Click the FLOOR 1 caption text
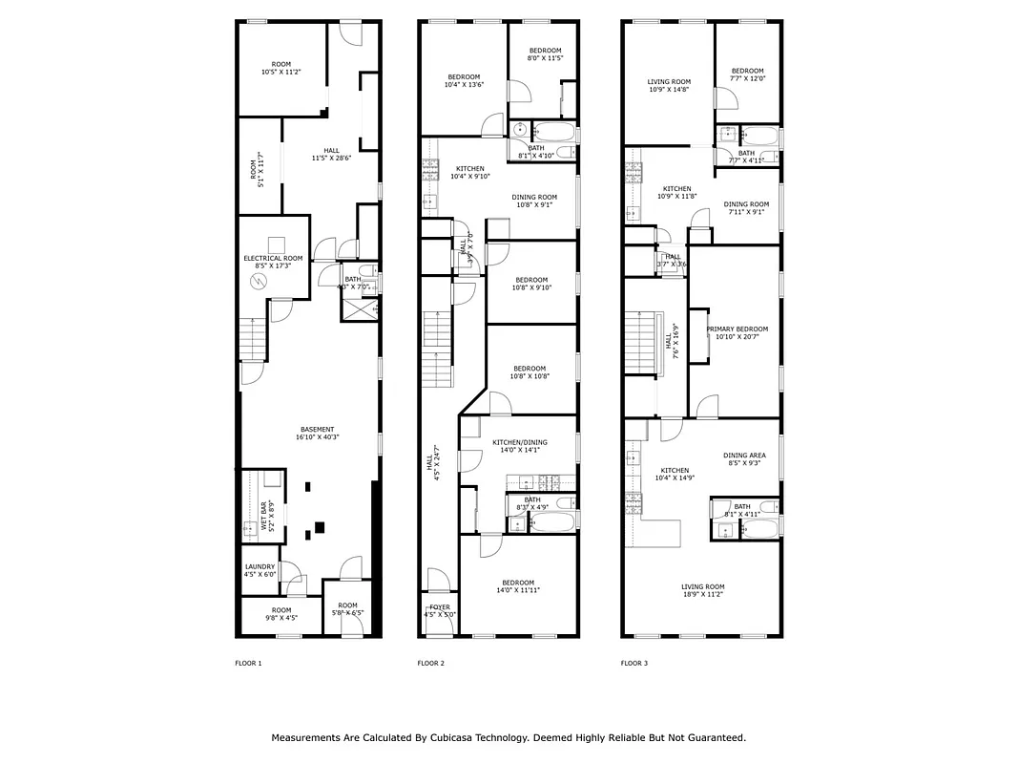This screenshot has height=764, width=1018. (x=248, y=663)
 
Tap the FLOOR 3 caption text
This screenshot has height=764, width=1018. (x=634, y=663)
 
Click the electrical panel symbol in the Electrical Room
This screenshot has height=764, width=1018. (x=259, y=281)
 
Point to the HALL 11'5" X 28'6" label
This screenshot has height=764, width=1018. (x=331, y=154)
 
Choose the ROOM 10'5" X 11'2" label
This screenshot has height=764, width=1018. (x=280, y=68)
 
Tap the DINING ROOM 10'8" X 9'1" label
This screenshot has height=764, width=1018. (x=534, y=201)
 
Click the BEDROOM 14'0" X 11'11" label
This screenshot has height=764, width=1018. (x=518, y=586)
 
